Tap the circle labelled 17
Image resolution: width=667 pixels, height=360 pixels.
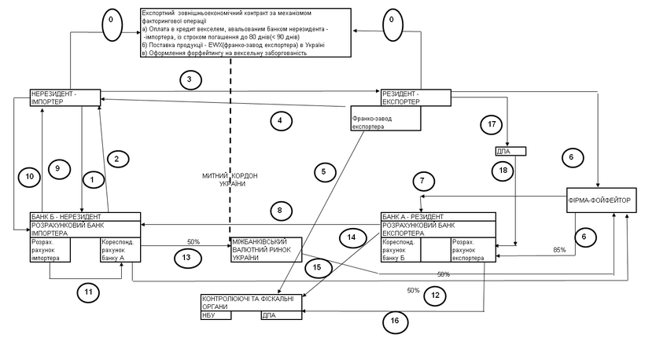pos(491,124)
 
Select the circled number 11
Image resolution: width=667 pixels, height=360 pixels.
pos(89,292)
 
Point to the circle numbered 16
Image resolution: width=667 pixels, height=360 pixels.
pos(396,320)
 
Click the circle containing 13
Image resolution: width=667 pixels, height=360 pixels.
pos(186,257)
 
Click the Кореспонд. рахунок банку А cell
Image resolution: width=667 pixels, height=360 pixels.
pos(120,249)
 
